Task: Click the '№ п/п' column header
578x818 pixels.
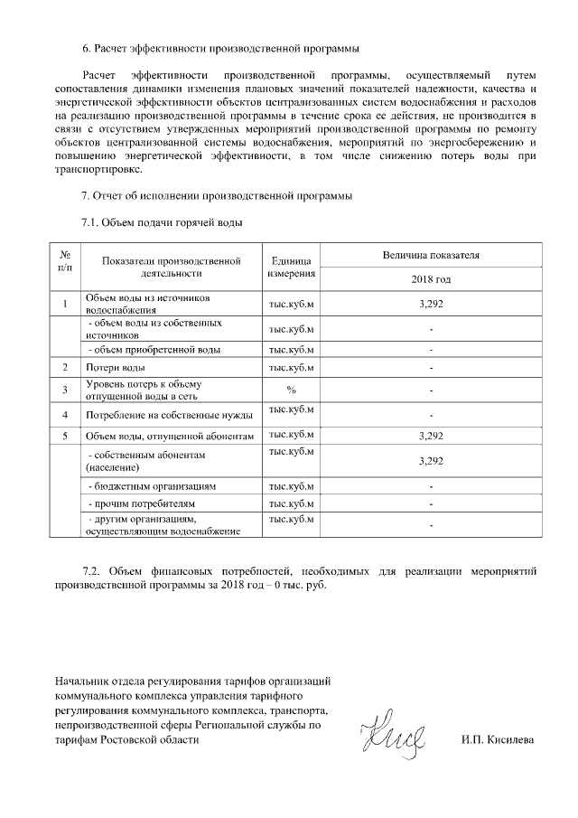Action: coord(66,262)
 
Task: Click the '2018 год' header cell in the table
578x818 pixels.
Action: coord(431,280)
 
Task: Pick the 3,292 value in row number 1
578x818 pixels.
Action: coord(431,304)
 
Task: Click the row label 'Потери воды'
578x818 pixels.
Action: coord(116,368)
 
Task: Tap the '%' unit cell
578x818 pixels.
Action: coord(291,390)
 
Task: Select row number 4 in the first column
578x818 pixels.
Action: coord(66,414)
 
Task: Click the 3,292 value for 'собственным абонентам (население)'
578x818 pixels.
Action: coord(431,461)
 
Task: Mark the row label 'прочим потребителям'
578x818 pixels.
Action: coord(140,503)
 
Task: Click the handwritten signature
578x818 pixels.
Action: coord(389,734)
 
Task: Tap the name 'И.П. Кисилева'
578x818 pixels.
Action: coord(497,740)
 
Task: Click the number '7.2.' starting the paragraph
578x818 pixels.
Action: coord(94,571)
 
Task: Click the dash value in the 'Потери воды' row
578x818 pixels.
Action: coord(431,368)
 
